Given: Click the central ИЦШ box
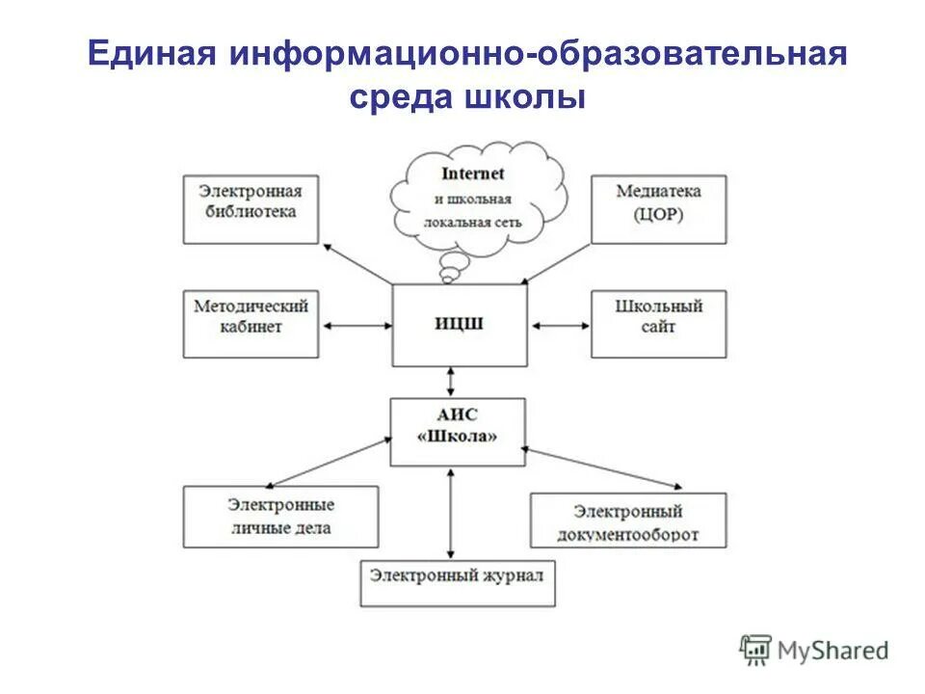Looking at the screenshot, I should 460,325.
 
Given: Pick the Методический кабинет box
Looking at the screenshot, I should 251,324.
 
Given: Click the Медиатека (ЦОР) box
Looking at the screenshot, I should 658,209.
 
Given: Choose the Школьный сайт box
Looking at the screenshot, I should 658,324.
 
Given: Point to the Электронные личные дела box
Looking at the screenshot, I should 280,517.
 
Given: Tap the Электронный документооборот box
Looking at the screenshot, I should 627,520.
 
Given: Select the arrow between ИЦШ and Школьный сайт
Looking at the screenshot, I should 559,326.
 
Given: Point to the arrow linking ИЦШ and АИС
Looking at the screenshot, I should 449,383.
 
